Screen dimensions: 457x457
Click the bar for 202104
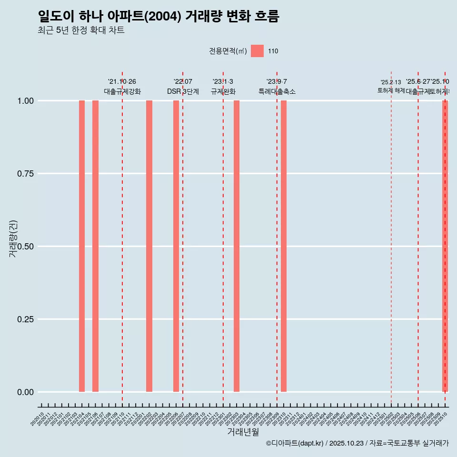(x=82, y=246)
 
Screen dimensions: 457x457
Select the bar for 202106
(x=95, y=246)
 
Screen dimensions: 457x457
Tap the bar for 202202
(x=149, y=246)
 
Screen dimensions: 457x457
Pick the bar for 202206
(x=176, y=246)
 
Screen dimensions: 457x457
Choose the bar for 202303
(x=237, y=246)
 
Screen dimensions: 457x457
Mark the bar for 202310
(x=284, y=246)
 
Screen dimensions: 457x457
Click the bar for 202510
(x=445, y=246)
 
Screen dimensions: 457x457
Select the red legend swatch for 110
(x=257, y=51)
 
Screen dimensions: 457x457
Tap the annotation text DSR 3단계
(x=183, y=91)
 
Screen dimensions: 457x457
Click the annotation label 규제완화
(x=223, y=91)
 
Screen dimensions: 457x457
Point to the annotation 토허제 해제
(x=391, y=90)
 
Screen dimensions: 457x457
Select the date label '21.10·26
(x=122, y=82)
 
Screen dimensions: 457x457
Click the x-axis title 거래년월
(x=243, y=432)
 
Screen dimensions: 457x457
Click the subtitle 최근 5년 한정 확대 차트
(x=81, y=30)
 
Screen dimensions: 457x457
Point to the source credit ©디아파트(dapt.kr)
(x=295, y=443)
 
